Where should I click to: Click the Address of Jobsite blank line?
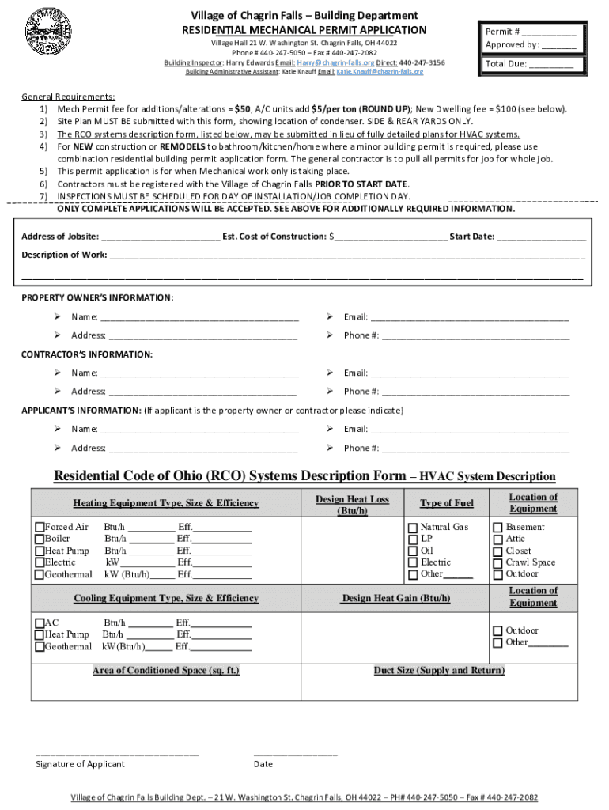point(161,237)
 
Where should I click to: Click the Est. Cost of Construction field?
point(391,237)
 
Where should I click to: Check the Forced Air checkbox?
point(40,528)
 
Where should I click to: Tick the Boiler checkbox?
point(40,539)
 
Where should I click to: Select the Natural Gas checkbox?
point(412,528)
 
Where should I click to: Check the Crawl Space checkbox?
point(497,563)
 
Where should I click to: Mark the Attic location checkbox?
point(497,539)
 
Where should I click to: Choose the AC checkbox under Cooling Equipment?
point(40,623)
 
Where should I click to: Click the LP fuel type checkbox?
point(412,539)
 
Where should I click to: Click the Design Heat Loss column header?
point(352,505)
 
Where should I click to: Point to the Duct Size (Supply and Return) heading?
point(439,671)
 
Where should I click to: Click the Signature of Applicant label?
point(80,764)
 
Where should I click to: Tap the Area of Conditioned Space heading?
point(166,671)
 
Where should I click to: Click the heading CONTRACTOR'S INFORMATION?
point(87,354)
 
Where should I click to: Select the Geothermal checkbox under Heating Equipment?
point(40,575)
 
